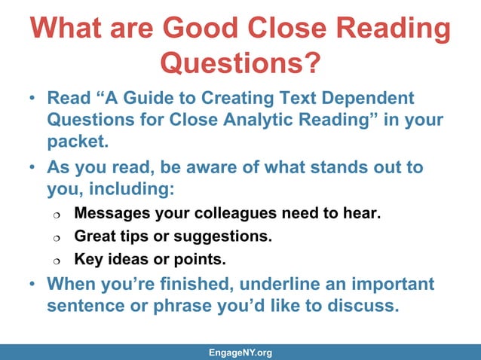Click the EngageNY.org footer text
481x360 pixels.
[x=240, y=352]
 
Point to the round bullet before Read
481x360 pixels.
[x=32, y=99]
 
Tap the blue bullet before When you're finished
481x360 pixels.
[x=32, y=285]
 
